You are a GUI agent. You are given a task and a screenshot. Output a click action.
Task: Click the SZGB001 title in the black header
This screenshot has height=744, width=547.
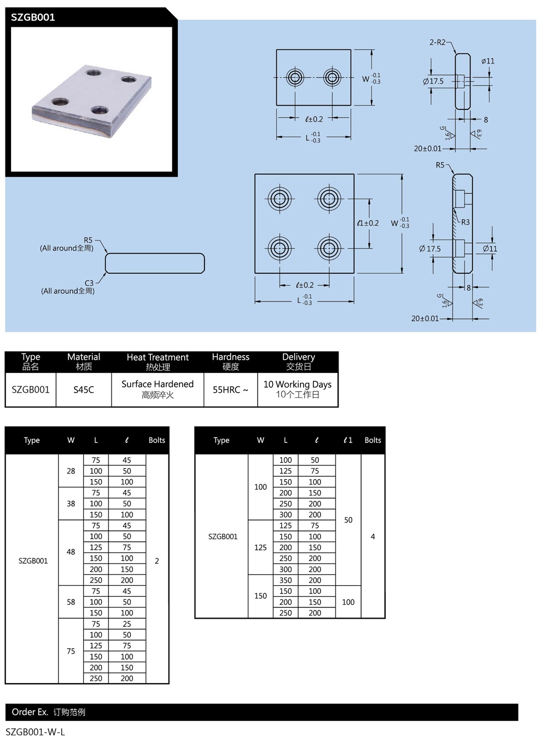[33, 17]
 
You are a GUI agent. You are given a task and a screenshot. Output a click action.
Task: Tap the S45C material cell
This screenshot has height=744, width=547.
[84, 390]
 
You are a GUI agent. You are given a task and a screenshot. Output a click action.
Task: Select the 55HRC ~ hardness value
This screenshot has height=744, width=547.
[230, 390]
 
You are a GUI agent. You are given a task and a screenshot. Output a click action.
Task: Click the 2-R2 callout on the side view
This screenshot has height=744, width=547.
[437, 42]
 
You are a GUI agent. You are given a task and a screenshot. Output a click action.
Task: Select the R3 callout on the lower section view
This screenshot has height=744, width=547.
[465, 222]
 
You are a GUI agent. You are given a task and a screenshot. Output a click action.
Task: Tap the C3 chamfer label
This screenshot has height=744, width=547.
[89, 283]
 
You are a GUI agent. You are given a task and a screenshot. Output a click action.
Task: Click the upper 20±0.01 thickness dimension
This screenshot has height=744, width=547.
[427, 148]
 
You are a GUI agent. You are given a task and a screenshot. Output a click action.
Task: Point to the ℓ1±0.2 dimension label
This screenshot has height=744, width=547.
[368, 223]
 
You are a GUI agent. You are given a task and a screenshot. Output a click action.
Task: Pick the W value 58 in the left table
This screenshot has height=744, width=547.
[71, 602]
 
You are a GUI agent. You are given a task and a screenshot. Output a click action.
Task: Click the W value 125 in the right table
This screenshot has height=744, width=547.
[260, 547]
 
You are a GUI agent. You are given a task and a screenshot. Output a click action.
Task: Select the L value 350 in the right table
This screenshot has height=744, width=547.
[286, 580]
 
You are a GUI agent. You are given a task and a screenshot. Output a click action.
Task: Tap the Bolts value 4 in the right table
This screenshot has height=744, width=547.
[373, 537]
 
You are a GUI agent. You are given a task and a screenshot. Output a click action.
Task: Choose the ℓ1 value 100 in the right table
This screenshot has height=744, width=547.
[348, 602]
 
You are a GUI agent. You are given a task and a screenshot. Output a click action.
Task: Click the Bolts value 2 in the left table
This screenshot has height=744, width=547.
[157, 561]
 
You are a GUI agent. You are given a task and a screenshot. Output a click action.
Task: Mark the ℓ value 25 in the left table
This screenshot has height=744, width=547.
[127, 624]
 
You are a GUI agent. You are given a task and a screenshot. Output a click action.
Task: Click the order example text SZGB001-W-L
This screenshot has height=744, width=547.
[35, 732]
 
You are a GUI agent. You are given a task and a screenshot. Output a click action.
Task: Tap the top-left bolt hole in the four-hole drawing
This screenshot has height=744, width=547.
[280, 198]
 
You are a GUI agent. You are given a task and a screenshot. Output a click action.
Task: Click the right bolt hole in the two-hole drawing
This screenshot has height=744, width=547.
[333, 77]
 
